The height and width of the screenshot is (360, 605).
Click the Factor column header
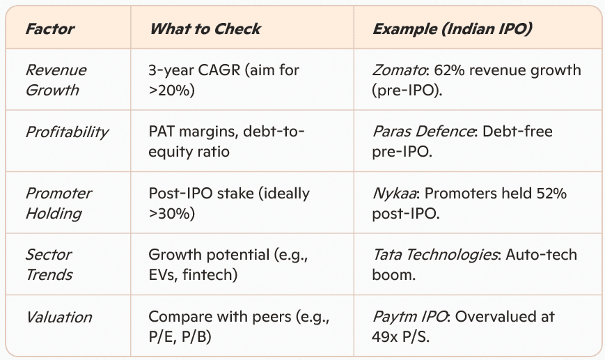pyautogui.click(x=49, y=29)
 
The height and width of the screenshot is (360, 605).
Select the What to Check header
pyautogui.click(x=205, y=29)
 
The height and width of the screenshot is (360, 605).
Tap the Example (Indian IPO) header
pyautogui.click(x=453, y=29)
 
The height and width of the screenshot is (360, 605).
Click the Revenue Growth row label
pyautogui.click(x=56, y=80)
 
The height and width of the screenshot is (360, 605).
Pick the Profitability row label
pyautogui.click(x=67, y=132)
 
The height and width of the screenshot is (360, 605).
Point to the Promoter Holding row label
pyautogui.click(x=58, y=203)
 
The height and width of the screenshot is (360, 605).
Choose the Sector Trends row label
pyautogui.click(x=49, y=265)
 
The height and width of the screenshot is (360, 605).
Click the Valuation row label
pyautogui.click(x=58, y=317)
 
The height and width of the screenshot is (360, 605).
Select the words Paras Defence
pyautogui.click(x=423, y=132)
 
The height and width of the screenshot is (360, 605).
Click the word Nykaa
pyautogui.click(x=394, y=194)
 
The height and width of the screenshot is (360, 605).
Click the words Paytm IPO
pyautogui.click(x=410, y=317)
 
